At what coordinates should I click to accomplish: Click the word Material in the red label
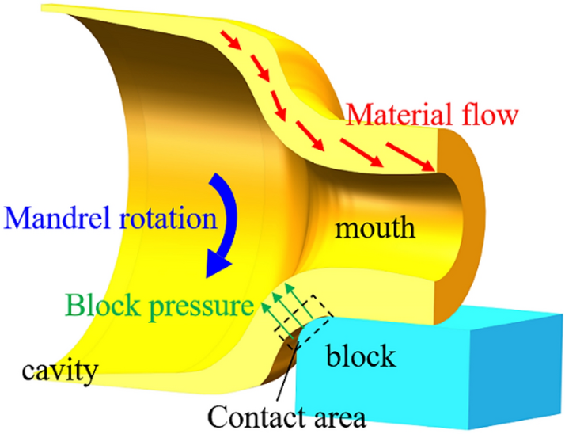(391, 115)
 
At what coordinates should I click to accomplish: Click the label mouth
(374, 229)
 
